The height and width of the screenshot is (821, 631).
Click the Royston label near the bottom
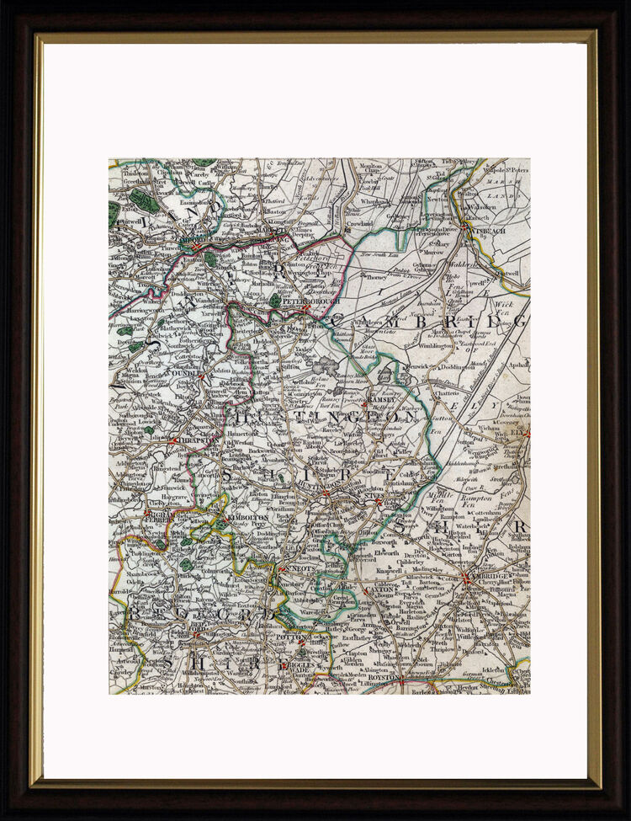[384, 675]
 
